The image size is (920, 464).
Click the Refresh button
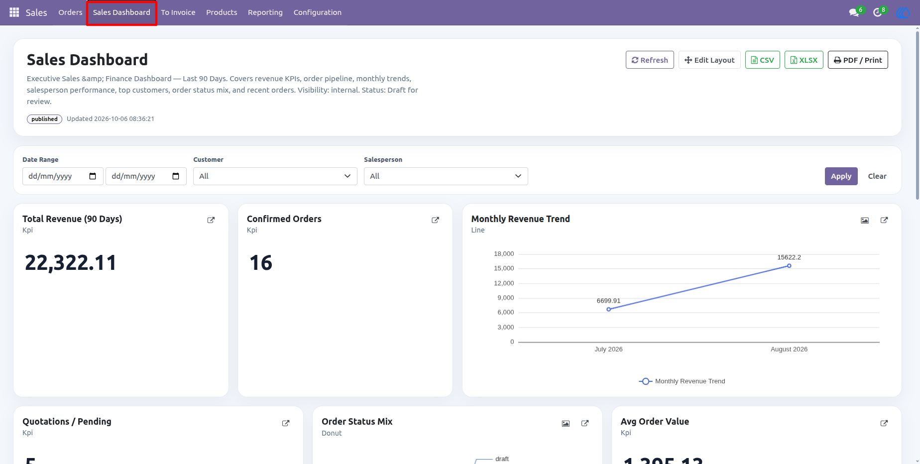point(650,60)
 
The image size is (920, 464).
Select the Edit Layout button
point(709,60)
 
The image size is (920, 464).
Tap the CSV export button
point(762,60)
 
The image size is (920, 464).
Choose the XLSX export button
point(804,60)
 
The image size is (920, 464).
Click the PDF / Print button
point(858,60)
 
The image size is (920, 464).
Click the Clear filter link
point(877,176)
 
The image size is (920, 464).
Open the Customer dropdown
point(275,176)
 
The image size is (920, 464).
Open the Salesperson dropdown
point(446,176)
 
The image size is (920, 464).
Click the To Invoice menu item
point(178,12)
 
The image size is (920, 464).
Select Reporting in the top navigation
point(265,12)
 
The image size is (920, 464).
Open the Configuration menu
point(318,12)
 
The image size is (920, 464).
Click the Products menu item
point(222,12)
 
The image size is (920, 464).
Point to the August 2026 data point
point(789,266)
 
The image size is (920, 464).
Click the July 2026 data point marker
point(608,309)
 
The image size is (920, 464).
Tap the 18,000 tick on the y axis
point(504,254)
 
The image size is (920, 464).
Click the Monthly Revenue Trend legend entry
point(682,381)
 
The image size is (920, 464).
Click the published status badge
point(44,119)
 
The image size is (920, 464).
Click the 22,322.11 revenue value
point(71,263)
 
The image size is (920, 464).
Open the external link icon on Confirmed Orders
point(435,220)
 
